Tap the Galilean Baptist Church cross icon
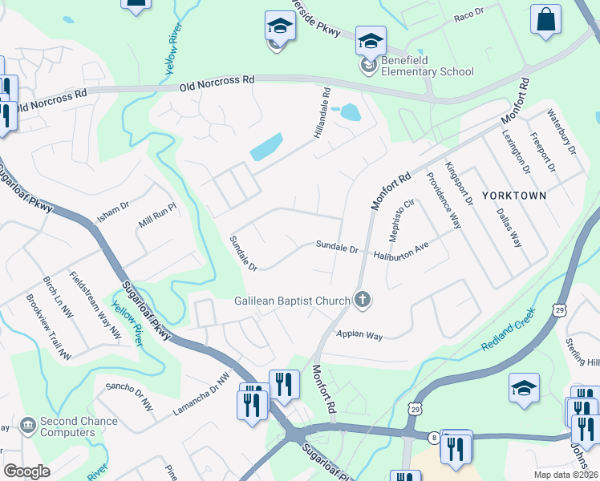pyautogui.click(x=363, y=301)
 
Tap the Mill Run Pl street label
pyautogui.click(x=156, y=214)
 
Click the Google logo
pyautogui.click(x=26, y=471)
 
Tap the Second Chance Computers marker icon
pyautogui.click(x=27, y=422)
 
